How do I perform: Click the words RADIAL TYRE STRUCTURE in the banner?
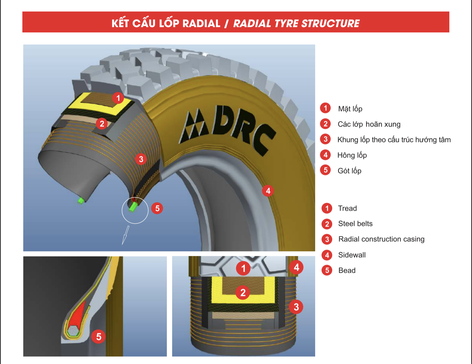296,24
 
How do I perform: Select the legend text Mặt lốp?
350,109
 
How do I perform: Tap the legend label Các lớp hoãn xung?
369,124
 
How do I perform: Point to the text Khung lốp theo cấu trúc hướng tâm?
394,140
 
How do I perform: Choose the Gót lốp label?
349,171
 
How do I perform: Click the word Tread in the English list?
347,209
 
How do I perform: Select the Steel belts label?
355,224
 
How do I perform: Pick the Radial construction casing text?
381,239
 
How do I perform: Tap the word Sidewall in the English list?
352,255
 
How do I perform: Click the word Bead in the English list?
347,270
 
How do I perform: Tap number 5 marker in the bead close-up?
99,336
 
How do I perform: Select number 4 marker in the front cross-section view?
296,267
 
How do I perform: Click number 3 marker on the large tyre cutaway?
141,159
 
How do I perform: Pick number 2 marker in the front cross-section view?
243,293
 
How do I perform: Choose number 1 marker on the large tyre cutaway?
118,98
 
